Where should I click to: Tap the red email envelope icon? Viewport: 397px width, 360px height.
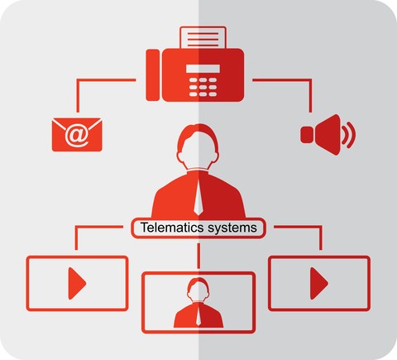[77, 135]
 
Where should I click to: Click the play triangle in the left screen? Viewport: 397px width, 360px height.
[77, 283]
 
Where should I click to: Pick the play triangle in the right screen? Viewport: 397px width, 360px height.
[319, 283]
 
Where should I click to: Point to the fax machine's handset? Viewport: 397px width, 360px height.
[153, 75]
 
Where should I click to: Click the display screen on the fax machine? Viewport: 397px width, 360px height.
[203, 69]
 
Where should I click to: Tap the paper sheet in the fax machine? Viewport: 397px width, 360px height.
[203, 38]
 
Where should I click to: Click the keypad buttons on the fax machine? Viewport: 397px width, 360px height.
[203, 87]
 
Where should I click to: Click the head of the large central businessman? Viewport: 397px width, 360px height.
[198, 147]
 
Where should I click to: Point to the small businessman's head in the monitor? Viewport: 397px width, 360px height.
[198, 290]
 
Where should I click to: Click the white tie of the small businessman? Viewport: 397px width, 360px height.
[198, 317]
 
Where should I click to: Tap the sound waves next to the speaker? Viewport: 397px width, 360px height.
[348, 135]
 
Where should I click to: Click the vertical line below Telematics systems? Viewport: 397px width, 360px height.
[198, 256]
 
